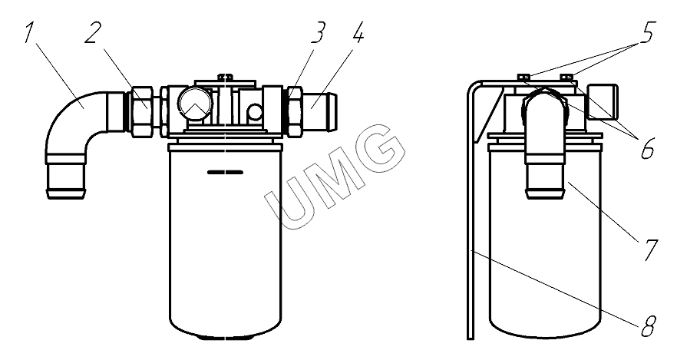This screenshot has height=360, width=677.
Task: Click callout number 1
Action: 29,33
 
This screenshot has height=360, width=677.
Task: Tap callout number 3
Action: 319,33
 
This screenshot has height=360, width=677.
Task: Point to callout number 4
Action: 358,33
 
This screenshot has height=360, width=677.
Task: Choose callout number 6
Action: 647,148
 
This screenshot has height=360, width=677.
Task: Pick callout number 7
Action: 650,250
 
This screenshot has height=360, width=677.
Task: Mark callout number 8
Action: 648,326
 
